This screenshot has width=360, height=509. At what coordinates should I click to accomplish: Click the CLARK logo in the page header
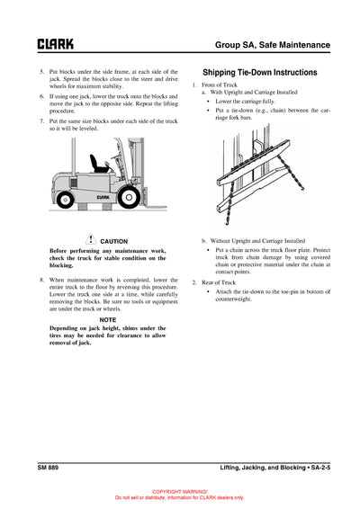[55, 43]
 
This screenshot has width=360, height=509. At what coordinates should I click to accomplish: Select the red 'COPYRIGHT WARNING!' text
[180, 492]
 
